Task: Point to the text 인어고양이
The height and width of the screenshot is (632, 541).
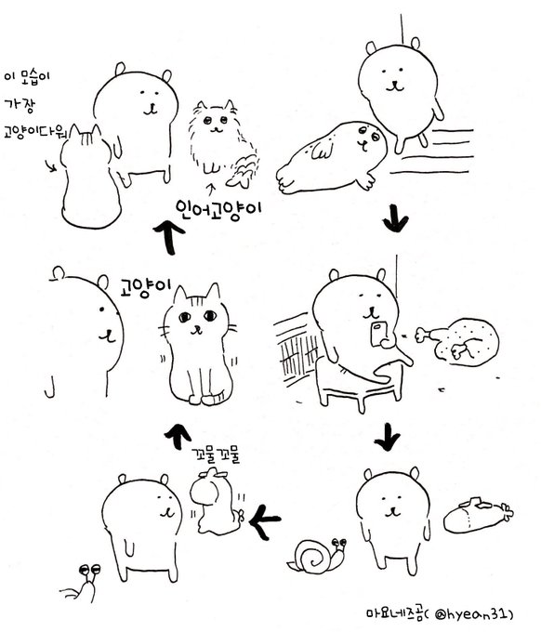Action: pos(218,207)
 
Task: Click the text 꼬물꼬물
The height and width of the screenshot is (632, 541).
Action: pos(216,455)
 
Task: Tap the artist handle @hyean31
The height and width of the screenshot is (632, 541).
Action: pos(474,613)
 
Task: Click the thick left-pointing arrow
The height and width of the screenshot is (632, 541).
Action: pos(265,521)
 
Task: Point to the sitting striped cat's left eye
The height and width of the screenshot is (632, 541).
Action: pos(185,317)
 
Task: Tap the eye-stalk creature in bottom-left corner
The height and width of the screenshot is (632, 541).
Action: pos(81,583)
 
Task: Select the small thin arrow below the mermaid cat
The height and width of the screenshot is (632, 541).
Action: pos(211,191)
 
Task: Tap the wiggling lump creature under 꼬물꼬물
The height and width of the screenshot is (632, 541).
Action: pos(217,503)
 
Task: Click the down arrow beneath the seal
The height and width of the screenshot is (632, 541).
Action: pos(395,218)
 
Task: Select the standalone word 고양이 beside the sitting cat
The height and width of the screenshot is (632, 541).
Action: pos(146,286)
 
